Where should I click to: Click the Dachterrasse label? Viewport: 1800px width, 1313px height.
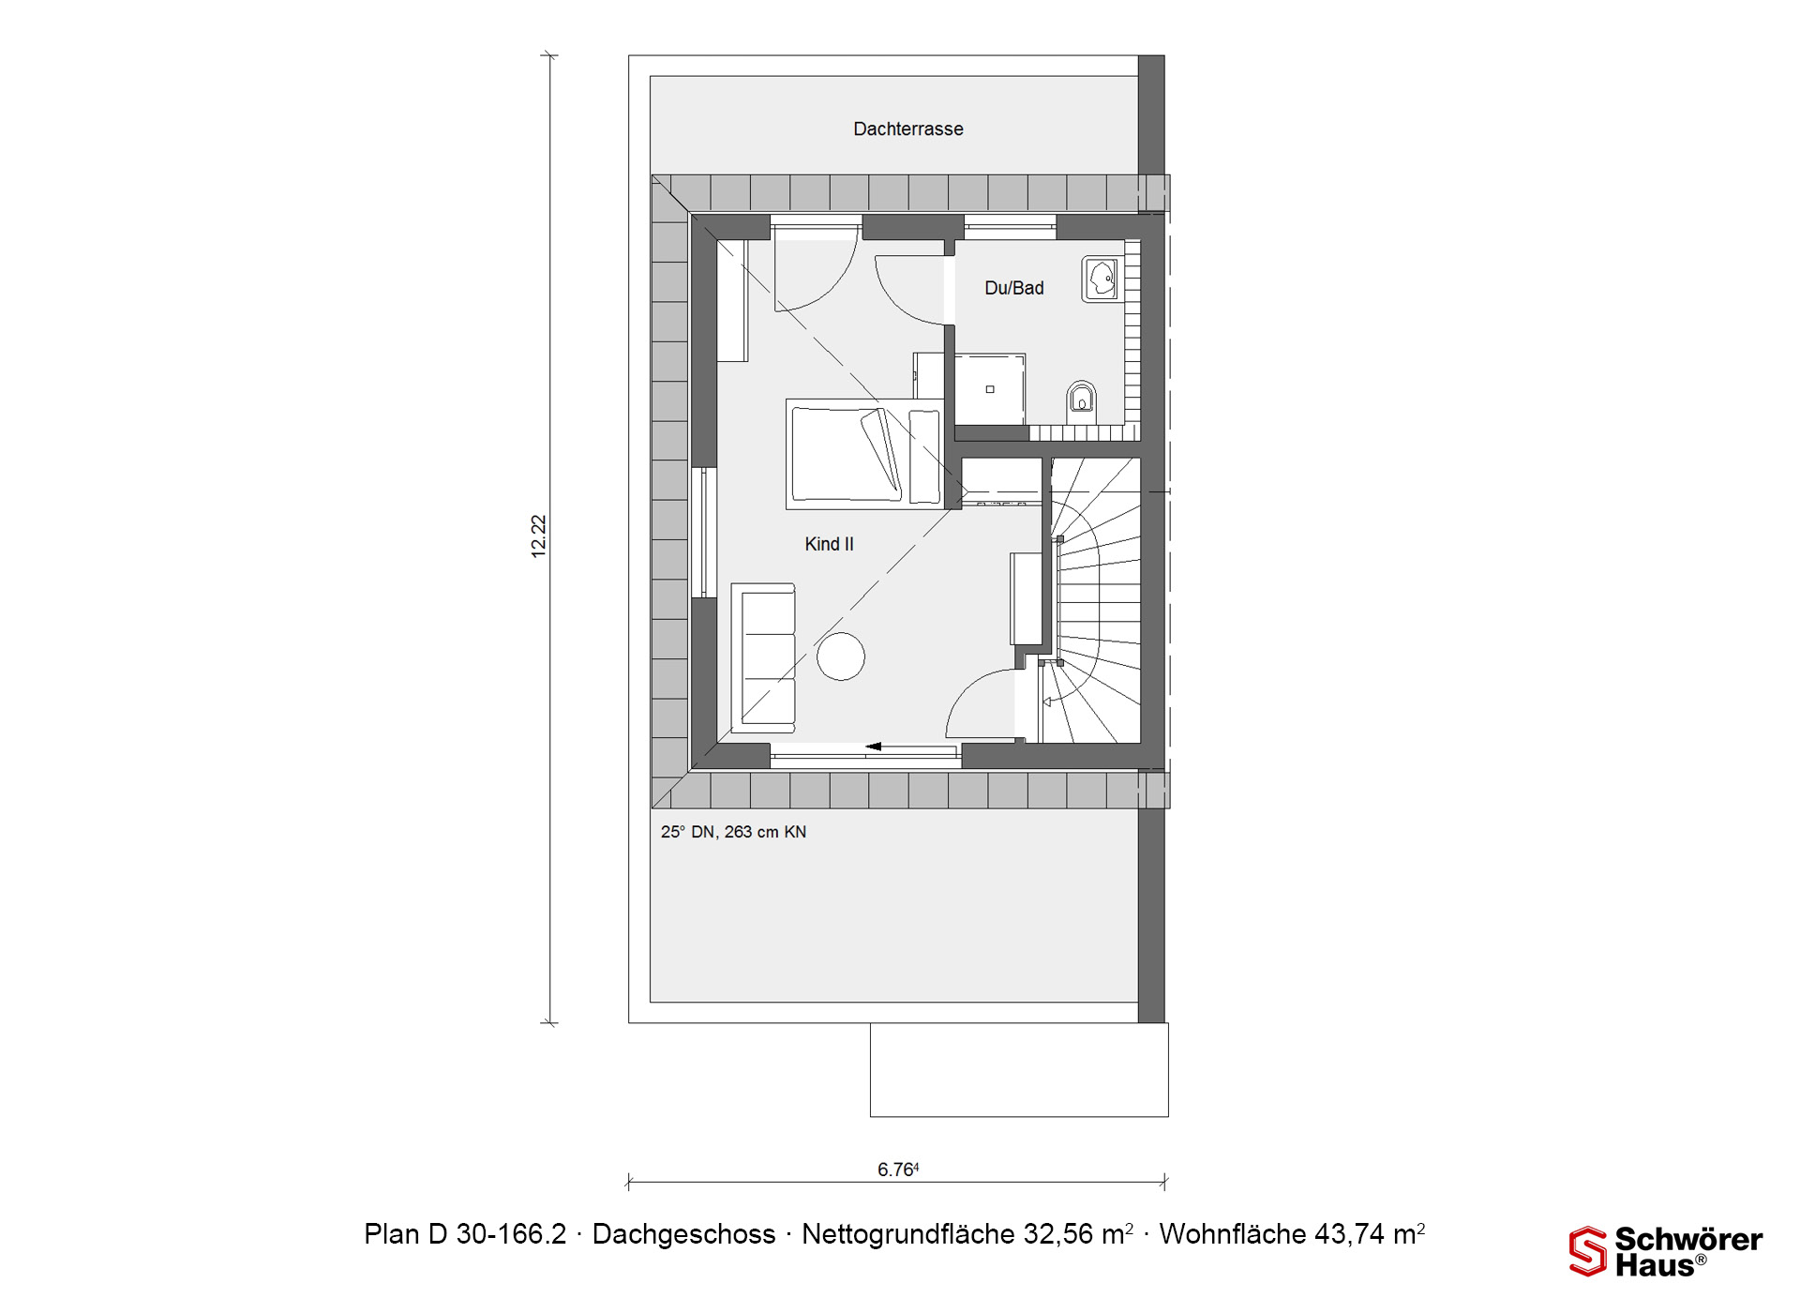pos(907,129)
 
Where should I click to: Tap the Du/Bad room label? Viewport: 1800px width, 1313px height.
pos(1013,288)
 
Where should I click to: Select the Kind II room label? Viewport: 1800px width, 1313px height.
pos(829,544)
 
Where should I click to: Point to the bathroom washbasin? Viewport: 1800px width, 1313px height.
pos(1102,279)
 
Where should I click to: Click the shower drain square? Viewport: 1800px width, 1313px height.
pos(989,389)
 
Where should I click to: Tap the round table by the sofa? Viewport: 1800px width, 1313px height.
pos(840,656)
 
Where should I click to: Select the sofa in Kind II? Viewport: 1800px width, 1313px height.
pos(763,656)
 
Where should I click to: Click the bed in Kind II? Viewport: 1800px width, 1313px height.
pos(864,454)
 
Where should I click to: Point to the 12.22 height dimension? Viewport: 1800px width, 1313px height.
pos(538,536)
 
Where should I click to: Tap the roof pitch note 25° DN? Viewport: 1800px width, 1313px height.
pos(733,832)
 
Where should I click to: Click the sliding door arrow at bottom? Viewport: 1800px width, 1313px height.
pos(873,747)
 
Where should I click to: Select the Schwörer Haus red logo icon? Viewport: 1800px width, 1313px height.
pos(1587,1251)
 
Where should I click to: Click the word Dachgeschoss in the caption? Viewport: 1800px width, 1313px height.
pos(683,1234)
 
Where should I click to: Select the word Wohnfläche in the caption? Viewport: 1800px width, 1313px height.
pos(1233,1234)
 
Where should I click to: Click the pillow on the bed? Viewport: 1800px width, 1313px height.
pos(882,453)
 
